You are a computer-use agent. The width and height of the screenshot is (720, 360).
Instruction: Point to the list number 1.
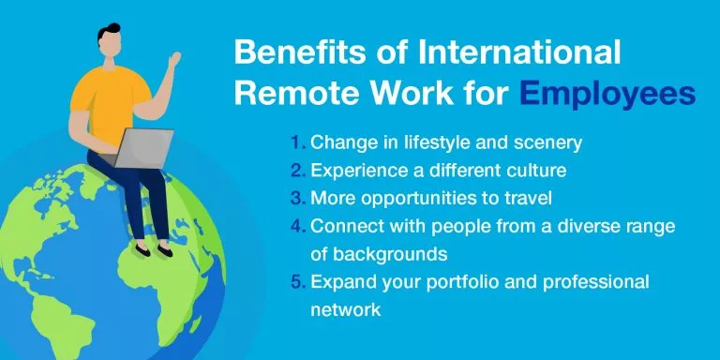pos(297,142)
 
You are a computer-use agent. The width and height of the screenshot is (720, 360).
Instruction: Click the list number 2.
pos(297,171)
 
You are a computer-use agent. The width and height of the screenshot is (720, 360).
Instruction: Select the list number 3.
pos(297,199)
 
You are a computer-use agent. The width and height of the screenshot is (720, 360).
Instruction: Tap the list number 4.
pos(297,226)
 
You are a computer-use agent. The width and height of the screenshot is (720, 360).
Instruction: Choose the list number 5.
pos(297,282)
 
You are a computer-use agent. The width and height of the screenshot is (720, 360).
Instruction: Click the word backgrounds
pos(381,254)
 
